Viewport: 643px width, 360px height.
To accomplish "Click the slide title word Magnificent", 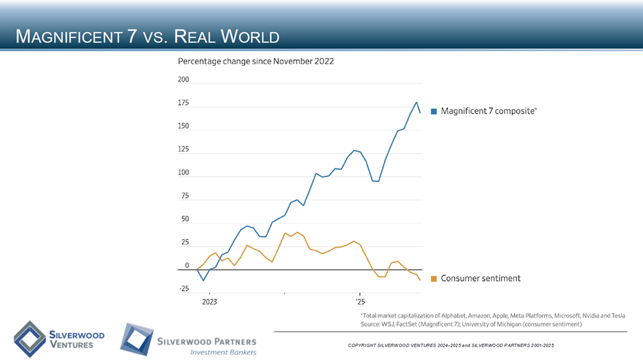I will point(71,37).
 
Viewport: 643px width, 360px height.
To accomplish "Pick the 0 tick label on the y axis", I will point(186,265).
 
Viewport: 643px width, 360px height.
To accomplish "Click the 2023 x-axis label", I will point(210,301).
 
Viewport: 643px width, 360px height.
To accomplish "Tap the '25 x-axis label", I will point(359,301).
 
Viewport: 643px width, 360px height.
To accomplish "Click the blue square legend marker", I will point(434,111).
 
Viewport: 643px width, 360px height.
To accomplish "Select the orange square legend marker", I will point(434,278).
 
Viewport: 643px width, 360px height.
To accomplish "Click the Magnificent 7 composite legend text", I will point(487,111).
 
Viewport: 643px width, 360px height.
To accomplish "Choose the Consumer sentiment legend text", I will point(480,278).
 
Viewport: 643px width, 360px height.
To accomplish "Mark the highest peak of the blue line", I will point(416,102).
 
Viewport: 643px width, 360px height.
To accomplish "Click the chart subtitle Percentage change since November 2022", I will point(256,62).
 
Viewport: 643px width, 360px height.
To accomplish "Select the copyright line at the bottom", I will point(450,346).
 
